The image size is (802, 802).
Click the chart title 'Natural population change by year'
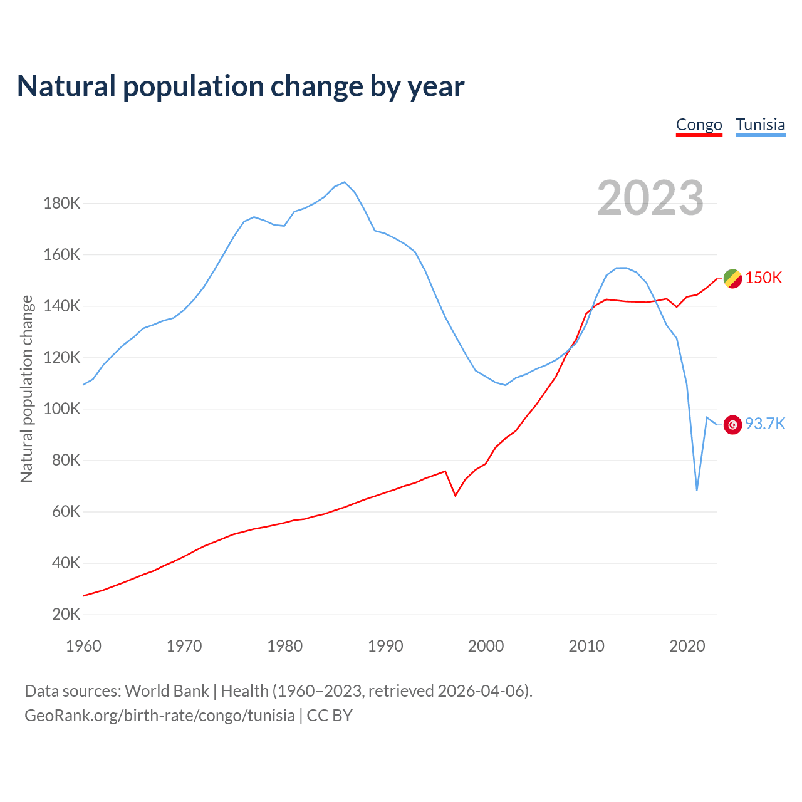tap(241, 86)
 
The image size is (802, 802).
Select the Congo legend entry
tap(699, 125)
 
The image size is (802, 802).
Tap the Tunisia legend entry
tap(760, 125)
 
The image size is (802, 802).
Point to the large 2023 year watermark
tap(650, 198)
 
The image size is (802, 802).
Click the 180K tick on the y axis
tap(61, 204)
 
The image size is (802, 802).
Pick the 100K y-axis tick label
tap(61, 409)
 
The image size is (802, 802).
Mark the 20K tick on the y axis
tap(66, 614)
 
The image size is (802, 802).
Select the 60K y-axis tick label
tap(66, 512)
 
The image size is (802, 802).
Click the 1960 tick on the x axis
tap(83, 646)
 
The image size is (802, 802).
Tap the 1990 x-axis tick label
tap(385, 646)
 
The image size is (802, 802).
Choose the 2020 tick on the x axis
tap(687, 646)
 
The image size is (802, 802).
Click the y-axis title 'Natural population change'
tap(27, 388)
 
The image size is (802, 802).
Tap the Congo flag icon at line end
tap(732, 279)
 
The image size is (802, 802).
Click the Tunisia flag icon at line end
tap(732, 425)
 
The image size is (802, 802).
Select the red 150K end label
tap(763, 278)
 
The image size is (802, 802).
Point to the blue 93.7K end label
tap(764, 424)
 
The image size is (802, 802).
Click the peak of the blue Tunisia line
tap(345, 182)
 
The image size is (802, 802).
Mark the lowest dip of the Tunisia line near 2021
tap(697, 489)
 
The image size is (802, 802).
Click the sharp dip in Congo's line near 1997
tap(456, 496)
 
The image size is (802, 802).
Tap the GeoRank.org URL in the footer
tap(160, 716)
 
